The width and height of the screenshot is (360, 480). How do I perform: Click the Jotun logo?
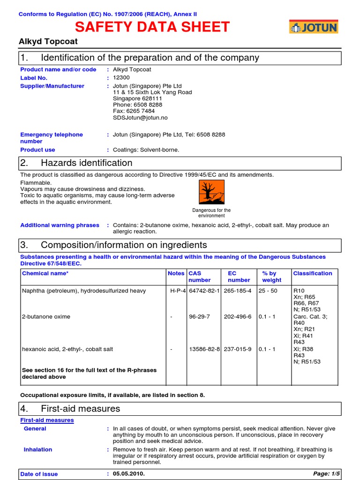[x=313, y=28]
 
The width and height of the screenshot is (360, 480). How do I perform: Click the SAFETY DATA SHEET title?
[x=152, y=27]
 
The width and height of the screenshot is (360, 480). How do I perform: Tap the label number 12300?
[x=122, y=78]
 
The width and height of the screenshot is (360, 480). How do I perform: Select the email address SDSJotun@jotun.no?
[x=140, y=118]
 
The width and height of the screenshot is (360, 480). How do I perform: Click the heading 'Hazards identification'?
[x=87, y=163]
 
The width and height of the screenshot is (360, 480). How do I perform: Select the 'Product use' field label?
[x=37, y=150]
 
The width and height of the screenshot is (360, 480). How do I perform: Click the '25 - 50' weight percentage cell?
[x=268, y=291]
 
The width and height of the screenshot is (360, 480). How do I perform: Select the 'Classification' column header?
[x=312, y=273]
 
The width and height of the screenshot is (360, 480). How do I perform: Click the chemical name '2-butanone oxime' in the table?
[x=46, y=316]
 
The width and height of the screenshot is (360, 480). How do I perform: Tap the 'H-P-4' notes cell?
[x=178, y=291]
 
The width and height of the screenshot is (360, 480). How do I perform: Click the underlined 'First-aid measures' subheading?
[x=47, y=420]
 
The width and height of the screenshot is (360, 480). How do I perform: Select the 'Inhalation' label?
[x=38, y=450]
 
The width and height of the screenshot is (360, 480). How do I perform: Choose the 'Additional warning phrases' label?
[x=60, y=225]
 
